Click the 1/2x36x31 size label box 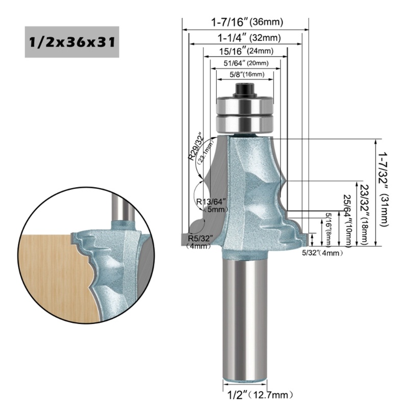[x=72, y=42]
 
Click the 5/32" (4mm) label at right [x=321, y=252]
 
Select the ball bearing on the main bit [x=245, y=113]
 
